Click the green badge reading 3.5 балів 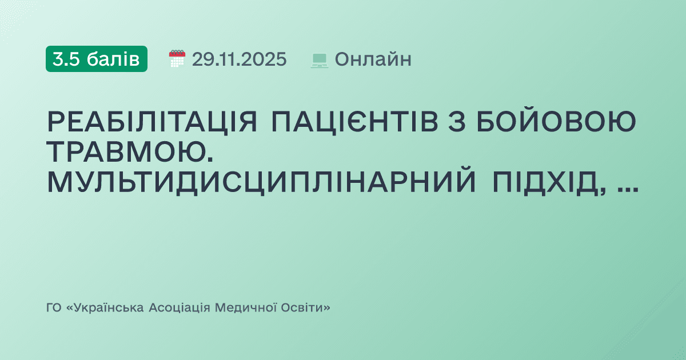pyautogui.click(x=96, y=59)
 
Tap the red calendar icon pyautogui.click(x=177, y=59)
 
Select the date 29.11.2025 pyautogui.click(x=239, y=59)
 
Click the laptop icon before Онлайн pyautogui.click(x=319, y=59)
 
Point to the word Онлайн pyautogui.click(x=373, y=59)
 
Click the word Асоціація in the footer pyautogui.click(x=179, y=308)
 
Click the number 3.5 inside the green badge pyautogui.click(x=66, y=59)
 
